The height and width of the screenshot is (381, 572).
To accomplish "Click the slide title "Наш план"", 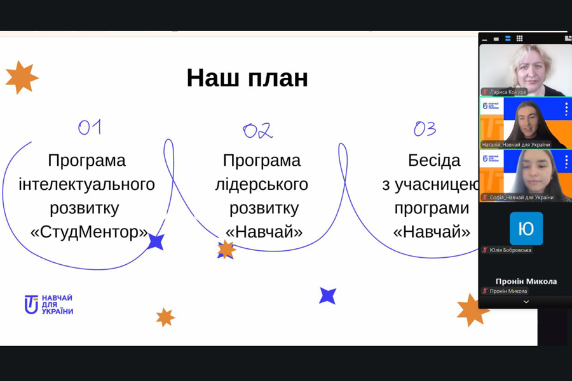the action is tap(247, 77).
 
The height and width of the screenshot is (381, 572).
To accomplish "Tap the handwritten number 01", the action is tap(90, 127).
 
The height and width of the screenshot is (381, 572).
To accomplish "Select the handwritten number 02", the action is tap(257, 131).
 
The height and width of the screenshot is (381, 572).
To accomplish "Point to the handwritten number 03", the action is tap(425, 129).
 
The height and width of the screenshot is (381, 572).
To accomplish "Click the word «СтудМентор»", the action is tap(90, 232).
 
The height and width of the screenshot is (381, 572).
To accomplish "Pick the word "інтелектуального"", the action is tap(87, 184).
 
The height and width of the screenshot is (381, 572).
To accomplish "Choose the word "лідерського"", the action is tap(262, 184).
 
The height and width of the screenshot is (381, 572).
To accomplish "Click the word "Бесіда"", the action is tap(434, 161).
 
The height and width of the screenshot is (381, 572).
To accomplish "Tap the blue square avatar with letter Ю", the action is tap(526, 229).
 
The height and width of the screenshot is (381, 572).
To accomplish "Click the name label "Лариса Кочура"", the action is tap(508, 92).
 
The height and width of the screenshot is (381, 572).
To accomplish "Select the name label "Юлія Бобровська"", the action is tap(510, 250).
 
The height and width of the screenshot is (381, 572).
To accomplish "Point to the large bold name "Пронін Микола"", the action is tap(526, 281).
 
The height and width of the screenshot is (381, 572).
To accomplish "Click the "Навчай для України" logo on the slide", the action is tap(49, 304).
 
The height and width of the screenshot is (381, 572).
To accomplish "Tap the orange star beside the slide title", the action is tap(22, 77).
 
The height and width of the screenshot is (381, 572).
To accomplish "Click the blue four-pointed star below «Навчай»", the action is tap(327, 296).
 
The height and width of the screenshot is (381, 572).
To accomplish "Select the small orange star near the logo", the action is tap(165, 317).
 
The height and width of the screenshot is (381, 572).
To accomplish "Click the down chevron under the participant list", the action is tap(526, 302).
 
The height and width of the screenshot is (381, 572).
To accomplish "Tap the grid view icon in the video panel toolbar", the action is tap(519, 38).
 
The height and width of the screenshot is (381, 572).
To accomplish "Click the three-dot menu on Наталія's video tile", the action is tap(566, 109).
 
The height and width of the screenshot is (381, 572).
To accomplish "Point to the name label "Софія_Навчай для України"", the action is tap(522, 197).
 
